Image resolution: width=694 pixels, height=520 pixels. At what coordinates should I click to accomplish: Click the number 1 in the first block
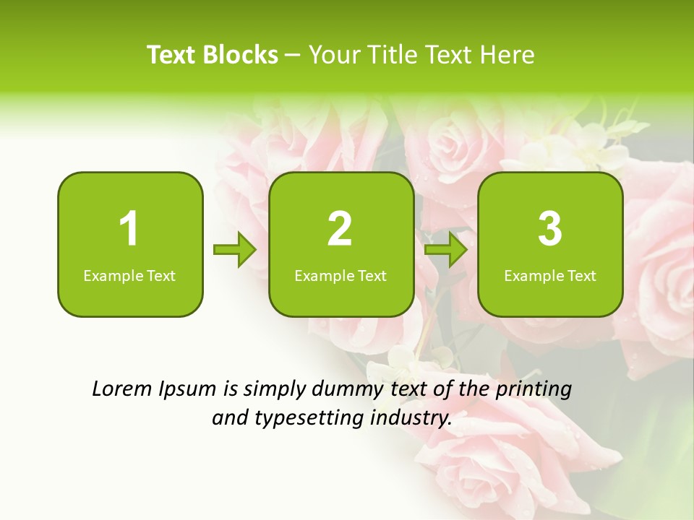tap(129, 229)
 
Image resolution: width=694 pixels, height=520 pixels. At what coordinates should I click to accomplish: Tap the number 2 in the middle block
tap(340, 229)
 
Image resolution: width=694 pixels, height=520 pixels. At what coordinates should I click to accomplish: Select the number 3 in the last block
tap(550, 229)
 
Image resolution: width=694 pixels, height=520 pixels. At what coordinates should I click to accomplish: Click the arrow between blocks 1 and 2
tap(235, 250)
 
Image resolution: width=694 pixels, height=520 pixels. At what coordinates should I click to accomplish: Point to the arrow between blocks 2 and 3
tap(446, 250)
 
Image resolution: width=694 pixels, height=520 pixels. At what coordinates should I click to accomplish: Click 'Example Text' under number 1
tap(129, 275)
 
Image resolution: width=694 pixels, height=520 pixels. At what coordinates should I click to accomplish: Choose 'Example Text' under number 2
tap(340, 275)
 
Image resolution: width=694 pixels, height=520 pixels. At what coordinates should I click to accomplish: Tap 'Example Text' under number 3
tap(550, 275)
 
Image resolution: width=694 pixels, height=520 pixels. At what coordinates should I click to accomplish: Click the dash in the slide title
tap(293, 56)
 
